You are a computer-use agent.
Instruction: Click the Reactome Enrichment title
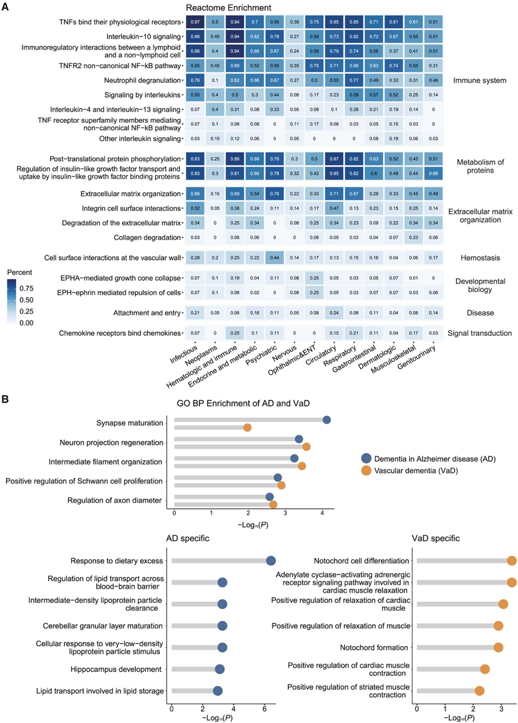pyautogui.click(x=229, y=8)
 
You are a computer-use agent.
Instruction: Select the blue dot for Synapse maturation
pyautogui.click(x=327, y=419)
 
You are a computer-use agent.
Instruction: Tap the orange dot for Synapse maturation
pyautogui.click(x=247, y=427)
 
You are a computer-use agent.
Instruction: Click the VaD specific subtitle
pyautogui.click(x=435, y=539)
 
